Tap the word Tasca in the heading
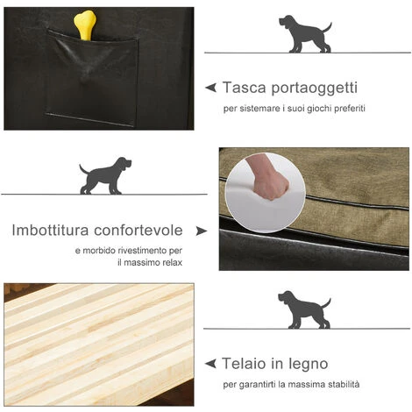click(245, 87)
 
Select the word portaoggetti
click(315, 89)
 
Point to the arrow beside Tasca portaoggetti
click(210, 88)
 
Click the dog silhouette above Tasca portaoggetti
click(305, 34)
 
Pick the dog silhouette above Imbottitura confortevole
click(105, 175)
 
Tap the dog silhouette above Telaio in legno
click(304, 309)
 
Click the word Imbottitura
click(50, 231)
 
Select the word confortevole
click(139, 231)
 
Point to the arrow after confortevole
click(202, 231)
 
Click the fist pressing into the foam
click(267, 177)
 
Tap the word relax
click(172, 263)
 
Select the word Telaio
click(245, 364)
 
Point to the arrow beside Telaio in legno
click(210, 364)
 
